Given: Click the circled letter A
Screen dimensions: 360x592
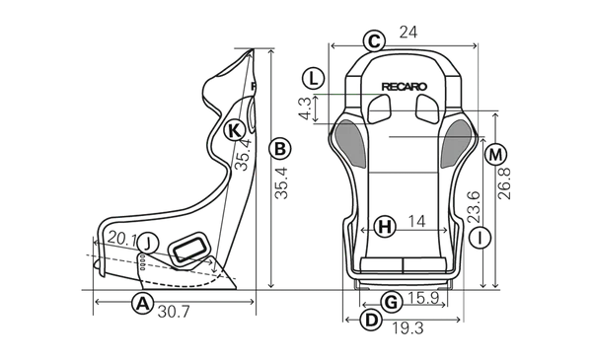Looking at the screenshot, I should [142, 303].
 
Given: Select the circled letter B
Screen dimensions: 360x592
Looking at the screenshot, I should [279, 149].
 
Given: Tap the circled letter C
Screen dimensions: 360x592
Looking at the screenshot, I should [373, 41].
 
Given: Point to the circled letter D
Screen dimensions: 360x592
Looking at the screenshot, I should [371, 320].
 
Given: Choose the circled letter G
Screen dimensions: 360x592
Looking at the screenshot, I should [391, 301].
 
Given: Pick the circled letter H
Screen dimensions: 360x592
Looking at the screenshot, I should [385, 228].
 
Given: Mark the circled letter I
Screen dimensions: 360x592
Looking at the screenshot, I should [479, 238].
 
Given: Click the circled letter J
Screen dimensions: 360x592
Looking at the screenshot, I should [146, 243].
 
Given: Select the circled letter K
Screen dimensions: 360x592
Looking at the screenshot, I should [233, 130].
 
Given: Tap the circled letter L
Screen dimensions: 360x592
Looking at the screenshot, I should [312, 78].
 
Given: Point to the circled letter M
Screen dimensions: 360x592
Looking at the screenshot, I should [495, 155].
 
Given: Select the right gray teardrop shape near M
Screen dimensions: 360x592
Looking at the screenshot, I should [457, 144].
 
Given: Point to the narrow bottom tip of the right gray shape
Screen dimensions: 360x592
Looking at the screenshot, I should [444, 166].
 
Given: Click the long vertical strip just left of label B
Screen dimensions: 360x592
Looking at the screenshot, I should [265, 178].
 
